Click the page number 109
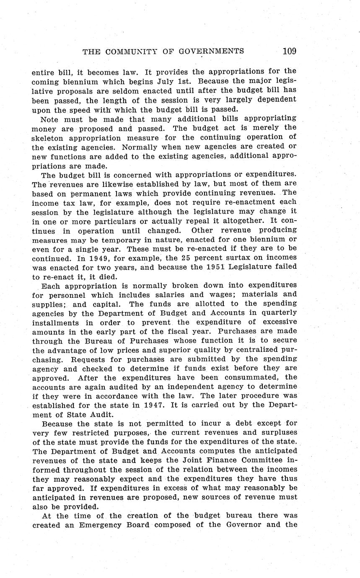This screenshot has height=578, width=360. pos(289,52)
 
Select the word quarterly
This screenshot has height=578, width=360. pos(279,312)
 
